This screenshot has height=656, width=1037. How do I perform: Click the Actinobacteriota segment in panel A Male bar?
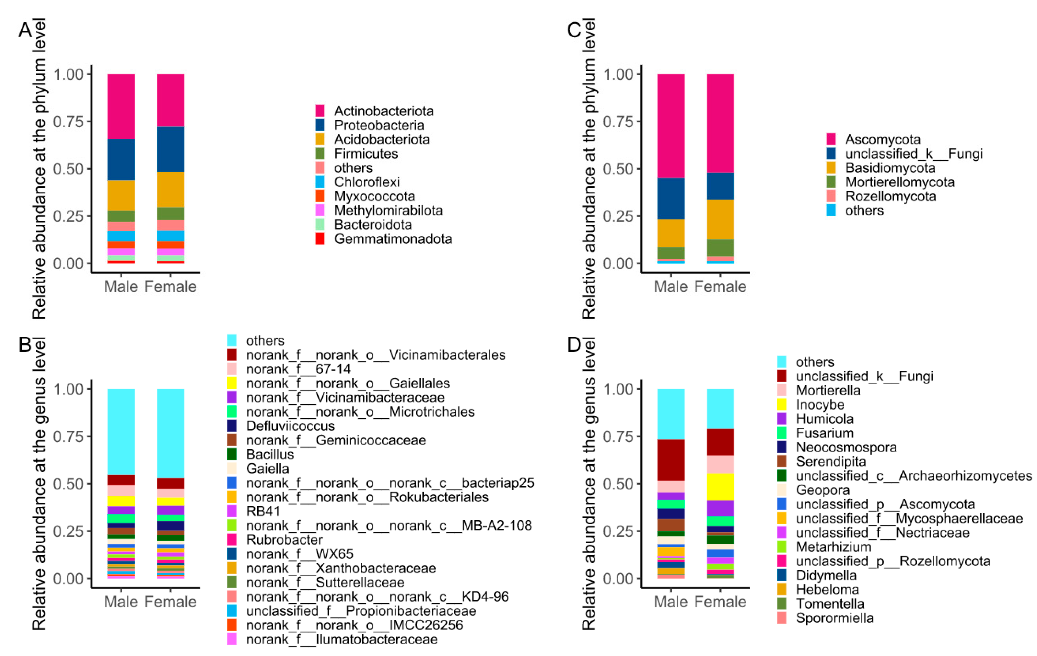(x=121, y=106)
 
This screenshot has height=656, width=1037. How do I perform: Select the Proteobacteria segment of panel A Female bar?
(x=170, y=149)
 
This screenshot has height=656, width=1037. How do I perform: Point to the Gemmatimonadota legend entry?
(x=393, y=239)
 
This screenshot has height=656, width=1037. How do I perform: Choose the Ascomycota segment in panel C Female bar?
(x=720, y=123)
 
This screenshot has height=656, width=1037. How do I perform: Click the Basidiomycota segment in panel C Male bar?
(x=670, y=233)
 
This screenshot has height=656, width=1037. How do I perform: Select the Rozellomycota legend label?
(x=890, y=196)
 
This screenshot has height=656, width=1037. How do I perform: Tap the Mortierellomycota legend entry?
(x=900, y=182)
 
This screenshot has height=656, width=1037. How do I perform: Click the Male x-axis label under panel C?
(x=670, y=287)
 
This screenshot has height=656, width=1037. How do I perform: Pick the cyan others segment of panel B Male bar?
(x=121, y=432)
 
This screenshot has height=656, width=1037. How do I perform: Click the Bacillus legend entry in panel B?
(x=270, y=454)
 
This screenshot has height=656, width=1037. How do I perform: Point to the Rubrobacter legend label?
(x=284, y=539)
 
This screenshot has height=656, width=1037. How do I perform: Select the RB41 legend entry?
(x=263, y=511)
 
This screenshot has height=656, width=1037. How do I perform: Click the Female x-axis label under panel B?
(x=170, y=601)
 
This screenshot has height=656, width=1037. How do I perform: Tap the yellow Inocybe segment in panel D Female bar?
(x=720, y=487)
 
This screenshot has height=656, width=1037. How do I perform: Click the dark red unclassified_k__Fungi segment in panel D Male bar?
(x=670, y=460)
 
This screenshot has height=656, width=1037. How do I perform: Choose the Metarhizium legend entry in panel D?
(x=833, y=547)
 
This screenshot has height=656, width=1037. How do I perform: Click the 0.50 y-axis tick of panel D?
(x=618, y=484)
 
